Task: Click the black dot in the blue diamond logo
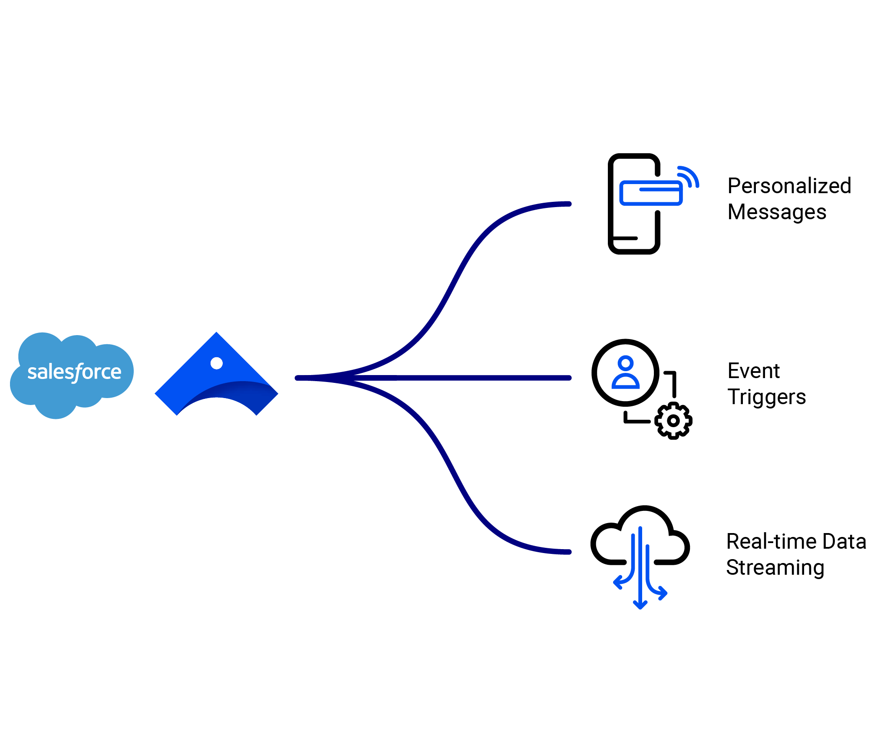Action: (x=216, y=363)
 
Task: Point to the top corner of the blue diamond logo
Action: (x=216, y=334)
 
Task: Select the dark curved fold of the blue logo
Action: (x=243, y=391)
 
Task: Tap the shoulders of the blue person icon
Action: (x=626, y=382)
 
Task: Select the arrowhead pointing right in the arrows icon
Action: (x=663, y=593)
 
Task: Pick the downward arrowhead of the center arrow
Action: (x=640, y=605)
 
